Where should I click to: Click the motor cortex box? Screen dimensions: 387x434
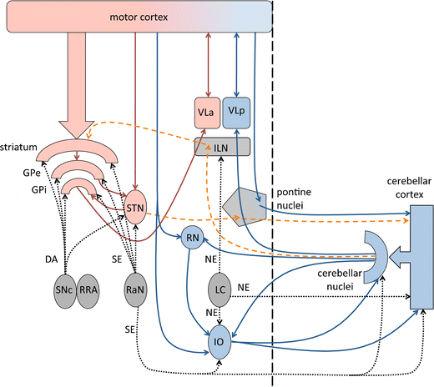click(138, 17)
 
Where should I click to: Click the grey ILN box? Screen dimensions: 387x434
click(223, 147)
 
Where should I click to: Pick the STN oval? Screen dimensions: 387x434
click(136, 205)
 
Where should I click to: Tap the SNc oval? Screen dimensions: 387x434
click(60, 291)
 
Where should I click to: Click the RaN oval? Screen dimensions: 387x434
click(135, 291)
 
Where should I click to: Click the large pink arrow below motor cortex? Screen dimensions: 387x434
click(78, 92)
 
